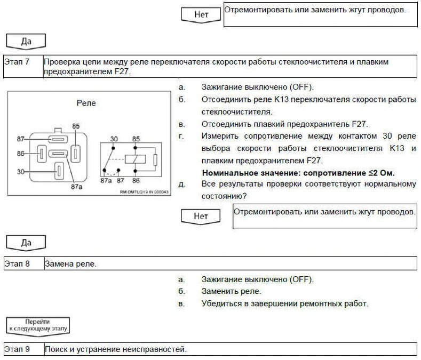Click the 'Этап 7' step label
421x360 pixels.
[x=17, y=62]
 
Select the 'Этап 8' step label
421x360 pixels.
[x=17, y=263]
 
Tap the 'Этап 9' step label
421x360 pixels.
[x=17, y=350]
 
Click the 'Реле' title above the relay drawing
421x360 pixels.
[x=86, y=103]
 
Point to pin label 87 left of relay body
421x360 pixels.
[x=21, y=139]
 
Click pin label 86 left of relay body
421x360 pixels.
[x=21, y=154]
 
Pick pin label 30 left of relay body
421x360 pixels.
[x=21, y=171]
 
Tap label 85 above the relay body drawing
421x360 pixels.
[x=76, y=126]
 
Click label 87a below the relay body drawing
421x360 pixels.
[x=77, y=187]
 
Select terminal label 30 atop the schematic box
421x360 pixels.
[x=114, y=139]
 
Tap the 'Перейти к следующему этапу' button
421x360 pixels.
[x=37, y=325]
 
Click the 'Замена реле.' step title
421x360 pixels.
[x=71, y=263]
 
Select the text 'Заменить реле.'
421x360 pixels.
[x=232, y=291]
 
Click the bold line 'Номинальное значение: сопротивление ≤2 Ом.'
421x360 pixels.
[x=298, y=173]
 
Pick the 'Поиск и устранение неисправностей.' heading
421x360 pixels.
[x=116, y=350]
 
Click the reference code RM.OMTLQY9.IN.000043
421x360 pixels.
[x=140, y=192]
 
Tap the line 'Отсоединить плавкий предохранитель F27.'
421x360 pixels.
[x=285, y=124]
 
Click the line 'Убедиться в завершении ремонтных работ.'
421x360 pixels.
[x=285, y=303]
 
